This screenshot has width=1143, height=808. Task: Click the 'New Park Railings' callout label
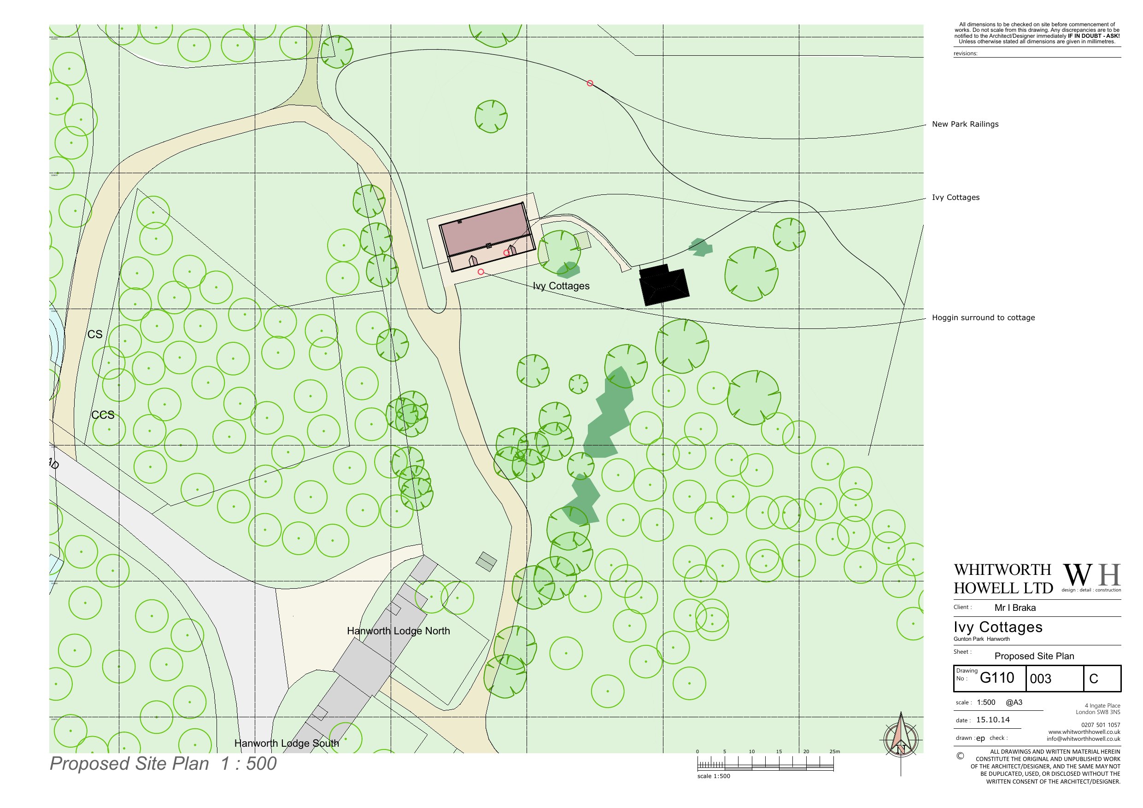965,124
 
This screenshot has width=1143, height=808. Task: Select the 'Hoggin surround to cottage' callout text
983,317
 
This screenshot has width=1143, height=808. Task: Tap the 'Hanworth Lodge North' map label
398,631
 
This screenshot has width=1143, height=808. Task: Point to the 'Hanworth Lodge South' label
286,744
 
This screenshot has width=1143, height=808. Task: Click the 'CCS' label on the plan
103,415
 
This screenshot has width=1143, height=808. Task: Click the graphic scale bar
766,765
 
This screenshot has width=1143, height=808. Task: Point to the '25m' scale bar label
834,751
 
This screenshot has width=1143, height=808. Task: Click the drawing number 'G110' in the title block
996,678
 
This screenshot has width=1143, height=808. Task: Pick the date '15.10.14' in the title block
993,720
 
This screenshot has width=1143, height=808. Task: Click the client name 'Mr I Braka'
1014,608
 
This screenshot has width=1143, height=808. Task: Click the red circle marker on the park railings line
590,83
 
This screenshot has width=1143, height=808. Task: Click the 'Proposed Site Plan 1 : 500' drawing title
163,764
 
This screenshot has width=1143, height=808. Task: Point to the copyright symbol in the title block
960,756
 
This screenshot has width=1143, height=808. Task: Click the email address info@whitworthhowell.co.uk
1083,739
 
